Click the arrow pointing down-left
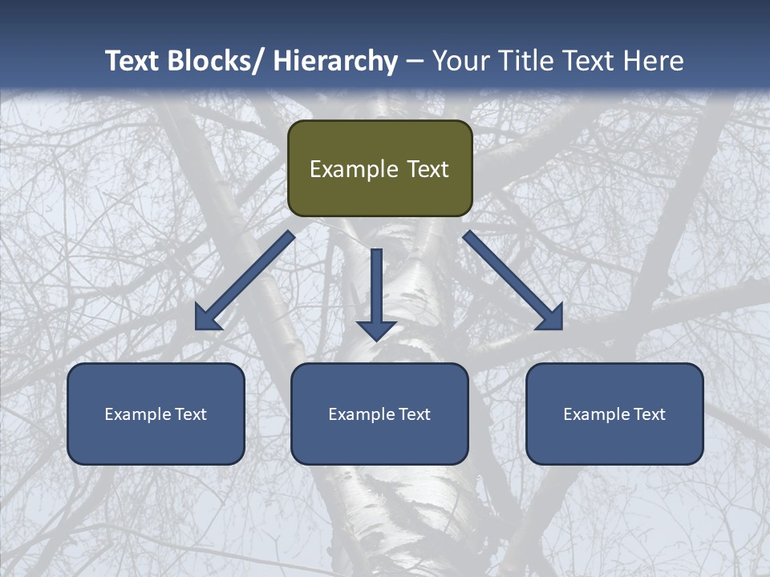(x=245, y=280)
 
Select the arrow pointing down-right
(x=513, y=280)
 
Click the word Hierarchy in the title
(x=335, y=61)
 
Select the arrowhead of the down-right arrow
(x=552, y=318)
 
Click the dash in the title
(x=415, y=61)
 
